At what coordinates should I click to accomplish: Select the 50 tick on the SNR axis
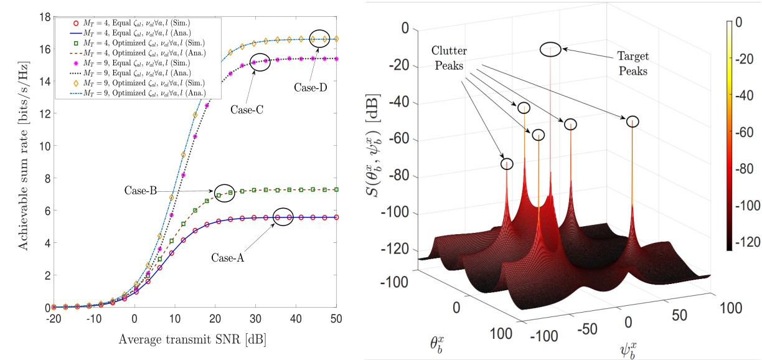pos(336,318)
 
